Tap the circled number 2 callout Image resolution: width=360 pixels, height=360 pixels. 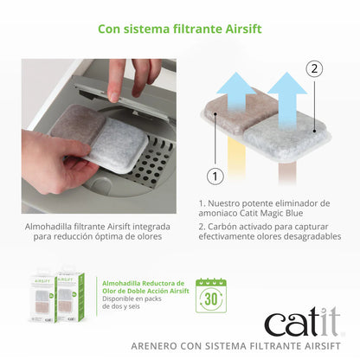314,67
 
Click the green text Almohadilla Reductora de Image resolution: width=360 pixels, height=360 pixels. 144,283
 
